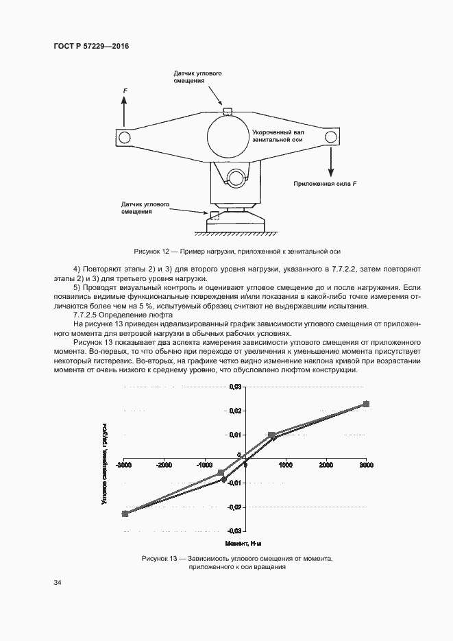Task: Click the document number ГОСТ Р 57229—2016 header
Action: [91, 46]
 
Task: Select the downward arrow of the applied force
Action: [331, 164]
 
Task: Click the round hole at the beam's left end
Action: [124, 138]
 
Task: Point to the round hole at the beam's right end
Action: [330, 138]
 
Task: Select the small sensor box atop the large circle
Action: [228, 112]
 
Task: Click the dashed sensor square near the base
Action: [215, 215]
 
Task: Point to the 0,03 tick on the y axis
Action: [235, 387]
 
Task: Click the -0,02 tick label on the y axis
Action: [235, 507]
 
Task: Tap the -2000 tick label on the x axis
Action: [164, 465]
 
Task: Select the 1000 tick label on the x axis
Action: [285, 465]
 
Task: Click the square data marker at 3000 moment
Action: [366, 404]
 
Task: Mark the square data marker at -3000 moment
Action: [125, 513]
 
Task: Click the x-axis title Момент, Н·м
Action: [245, 543]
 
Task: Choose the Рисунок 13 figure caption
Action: [236, 563]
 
